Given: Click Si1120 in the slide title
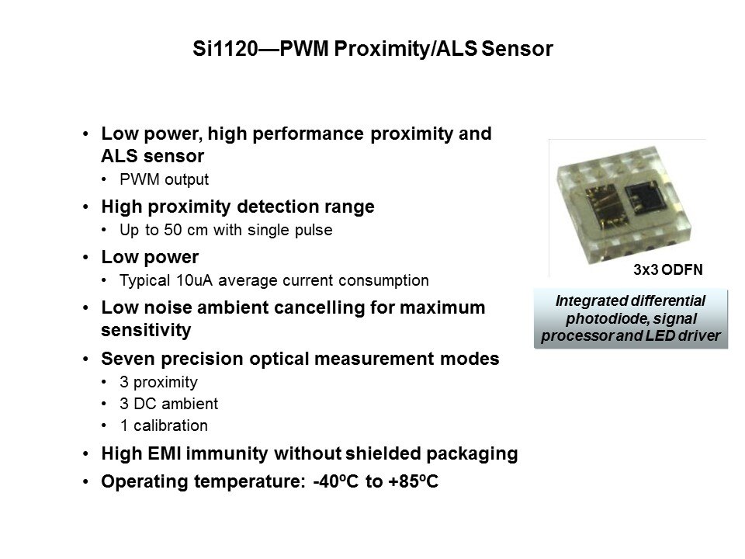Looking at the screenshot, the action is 225,49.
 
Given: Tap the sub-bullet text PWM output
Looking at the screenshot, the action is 164,179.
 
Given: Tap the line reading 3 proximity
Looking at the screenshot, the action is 158,382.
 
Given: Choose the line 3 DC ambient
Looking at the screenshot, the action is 168,404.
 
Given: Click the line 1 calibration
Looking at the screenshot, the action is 164,425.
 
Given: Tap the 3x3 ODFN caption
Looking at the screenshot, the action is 667,270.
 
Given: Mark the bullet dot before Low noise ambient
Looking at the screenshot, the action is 85,308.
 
